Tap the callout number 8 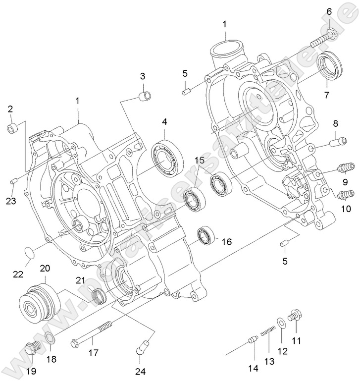pos(335,123)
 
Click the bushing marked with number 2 pos(12,128)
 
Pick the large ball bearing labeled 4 pos(166,156)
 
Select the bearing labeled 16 pos(205,234)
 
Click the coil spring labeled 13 pos(267,330)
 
